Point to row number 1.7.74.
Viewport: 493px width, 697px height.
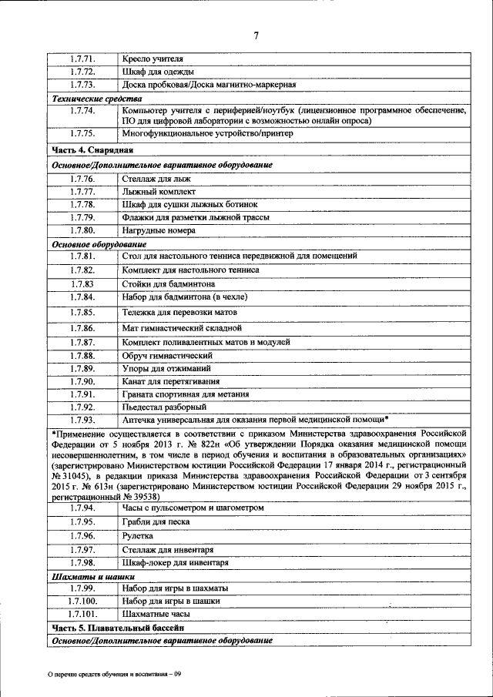pyautogui.click(x=82, y=111)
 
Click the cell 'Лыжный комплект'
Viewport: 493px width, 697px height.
pyautogui.click(x=159, y=192)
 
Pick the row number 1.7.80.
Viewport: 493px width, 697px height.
pyautogui.click(x=82, y=230)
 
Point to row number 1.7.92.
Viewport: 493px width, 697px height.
pyautogui.click(x=82, y=407)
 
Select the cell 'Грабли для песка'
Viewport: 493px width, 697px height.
pyautogui.click(x=156, y=521)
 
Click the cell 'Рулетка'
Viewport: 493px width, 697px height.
pyautogui.click(x=138, y=535)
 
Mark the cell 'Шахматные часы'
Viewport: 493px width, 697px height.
pyautogui.click(x=156, y=615)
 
